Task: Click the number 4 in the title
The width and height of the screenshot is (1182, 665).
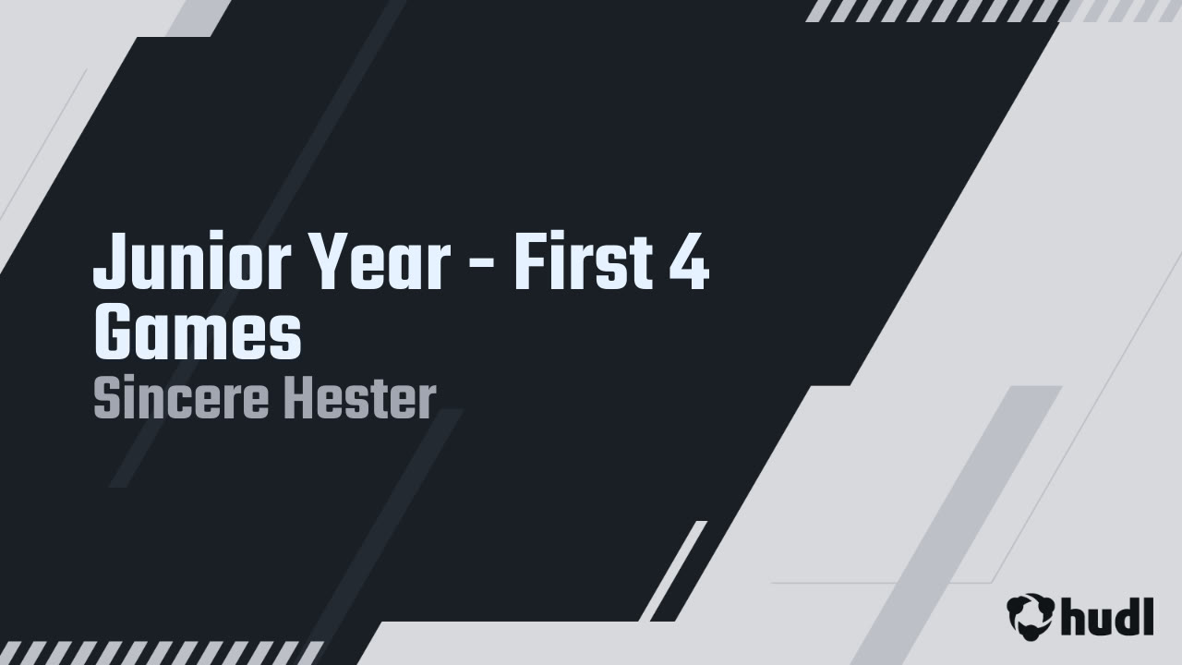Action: pyautogui.click(x=688, y=262)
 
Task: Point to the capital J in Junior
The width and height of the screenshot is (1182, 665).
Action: pyautogui.click(x=109, y=262)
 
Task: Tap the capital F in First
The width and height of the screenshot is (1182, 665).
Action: pyautogui.click(x=527, y=262)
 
